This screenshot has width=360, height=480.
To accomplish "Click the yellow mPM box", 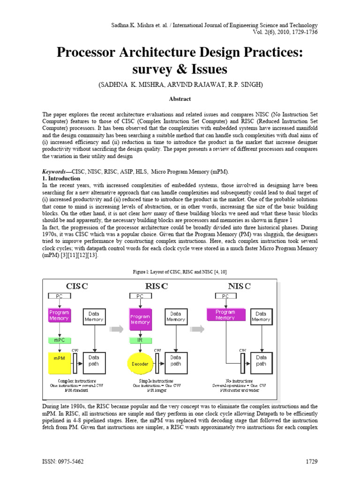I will (59, 363).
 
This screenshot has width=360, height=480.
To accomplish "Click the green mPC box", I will (59, 339).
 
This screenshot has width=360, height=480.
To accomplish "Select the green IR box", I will (140, 339).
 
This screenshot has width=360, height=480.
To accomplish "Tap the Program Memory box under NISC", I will (225, 315).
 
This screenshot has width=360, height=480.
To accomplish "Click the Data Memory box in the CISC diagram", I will (94, 317).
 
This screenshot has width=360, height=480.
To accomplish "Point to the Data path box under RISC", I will (175, 360).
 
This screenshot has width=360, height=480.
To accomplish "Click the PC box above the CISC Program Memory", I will (59, 296).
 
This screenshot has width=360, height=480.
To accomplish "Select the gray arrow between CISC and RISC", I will (116, 329).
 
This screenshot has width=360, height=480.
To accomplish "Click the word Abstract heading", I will (180, 99).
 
